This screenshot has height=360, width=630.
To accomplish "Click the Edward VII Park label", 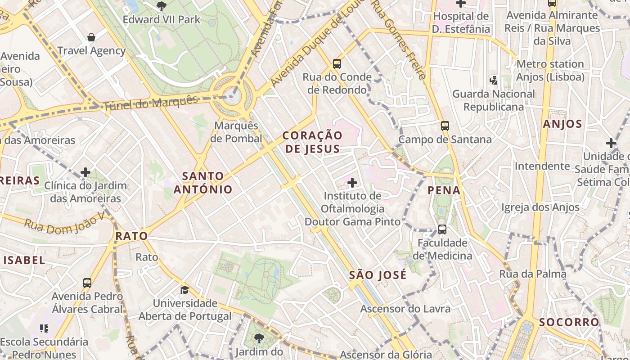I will (x=161, y=20).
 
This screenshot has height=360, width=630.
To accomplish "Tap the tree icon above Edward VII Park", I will (x=161, y=6).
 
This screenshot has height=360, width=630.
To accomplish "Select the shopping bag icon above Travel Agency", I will (x=91, y=37).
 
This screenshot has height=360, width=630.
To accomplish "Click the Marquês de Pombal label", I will (x=236, y=132).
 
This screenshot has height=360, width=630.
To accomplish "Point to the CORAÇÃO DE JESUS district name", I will (x=312, y=142).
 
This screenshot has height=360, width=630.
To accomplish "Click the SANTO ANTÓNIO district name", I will (x=203, y=183).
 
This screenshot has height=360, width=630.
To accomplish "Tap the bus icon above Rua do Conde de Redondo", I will (x=337, y=64).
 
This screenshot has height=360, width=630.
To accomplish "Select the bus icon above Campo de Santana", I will (x=445, y=126).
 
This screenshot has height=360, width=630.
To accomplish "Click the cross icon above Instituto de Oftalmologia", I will (x=352, y=183).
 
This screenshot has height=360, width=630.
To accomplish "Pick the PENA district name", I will (x=444, y=190).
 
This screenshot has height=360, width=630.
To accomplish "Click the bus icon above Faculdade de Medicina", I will (x=442, y=229).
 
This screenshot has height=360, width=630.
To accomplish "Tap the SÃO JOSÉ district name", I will (x=378, y=274).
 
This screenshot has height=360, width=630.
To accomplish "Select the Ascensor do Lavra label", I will (x=405, y=309).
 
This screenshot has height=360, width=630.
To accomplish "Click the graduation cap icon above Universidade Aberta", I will (x=184, y=289).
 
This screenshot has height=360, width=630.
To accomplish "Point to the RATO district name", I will (x=131, y=236).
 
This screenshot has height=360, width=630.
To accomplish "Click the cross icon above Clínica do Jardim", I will (x=85, y=172).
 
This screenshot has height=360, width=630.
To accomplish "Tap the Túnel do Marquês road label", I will (x=151, y=103).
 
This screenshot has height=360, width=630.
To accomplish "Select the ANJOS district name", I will (x=562, y=124).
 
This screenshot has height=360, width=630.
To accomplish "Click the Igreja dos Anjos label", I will (x=540, y=207).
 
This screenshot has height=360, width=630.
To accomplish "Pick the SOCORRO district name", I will (x=569, y=322).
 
